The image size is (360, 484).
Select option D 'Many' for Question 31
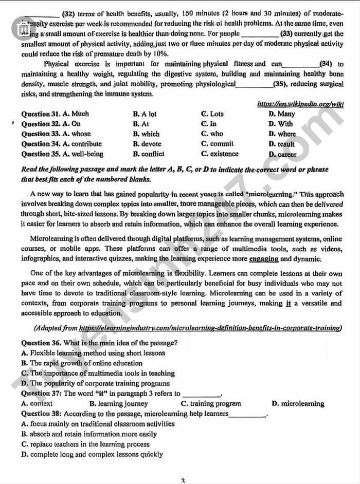coord(282,114)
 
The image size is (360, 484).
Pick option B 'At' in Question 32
coord(141,124)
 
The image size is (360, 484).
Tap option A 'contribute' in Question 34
coord(81,144)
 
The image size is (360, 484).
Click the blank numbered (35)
coord(254,84)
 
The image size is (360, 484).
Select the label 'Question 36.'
coord(42,343)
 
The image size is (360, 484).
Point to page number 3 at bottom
coord(182,480)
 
